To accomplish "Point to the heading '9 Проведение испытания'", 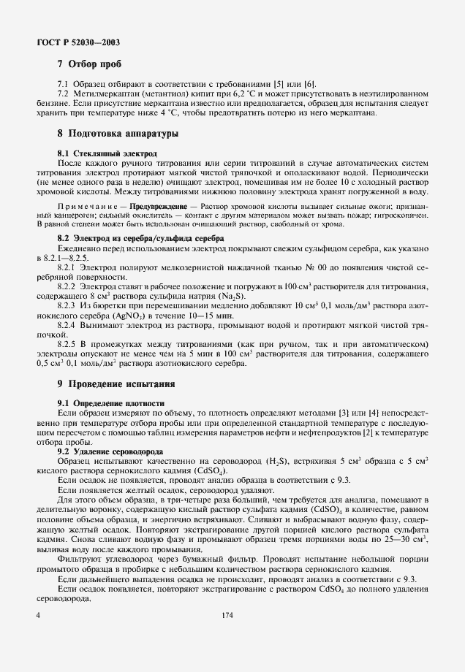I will click(x=117, y=383).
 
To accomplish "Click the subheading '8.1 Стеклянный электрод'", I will click(x=107, y=154).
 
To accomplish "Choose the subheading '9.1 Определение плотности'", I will click(x=111, y=403).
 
